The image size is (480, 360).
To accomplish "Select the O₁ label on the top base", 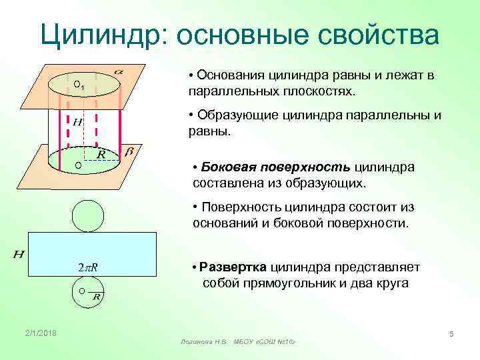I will tap(78, 85).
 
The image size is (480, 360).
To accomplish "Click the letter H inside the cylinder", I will tap(77, 123).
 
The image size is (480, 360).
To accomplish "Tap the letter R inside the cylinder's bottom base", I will tap(101, 155).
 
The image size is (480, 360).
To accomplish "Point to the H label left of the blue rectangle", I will tap(19, 255).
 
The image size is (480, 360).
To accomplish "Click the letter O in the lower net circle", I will tap(81, 291).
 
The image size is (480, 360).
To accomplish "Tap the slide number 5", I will tap(451, 333).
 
